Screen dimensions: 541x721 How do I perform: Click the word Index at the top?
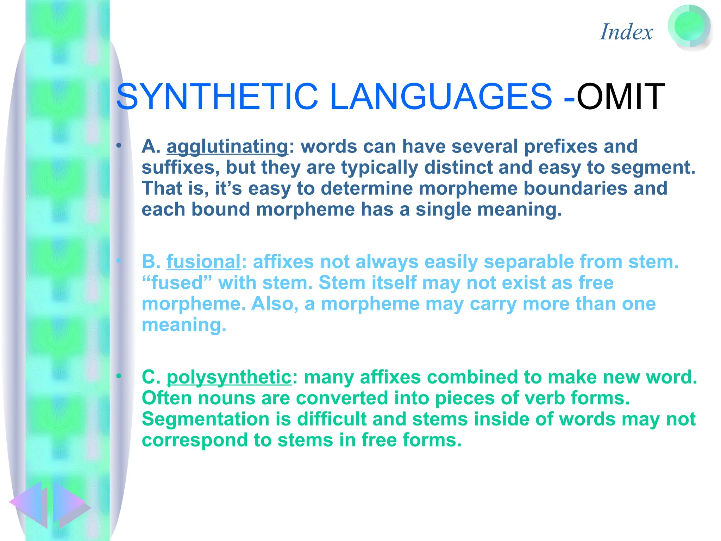(626, 32)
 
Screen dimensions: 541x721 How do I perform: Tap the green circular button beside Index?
(689, 27)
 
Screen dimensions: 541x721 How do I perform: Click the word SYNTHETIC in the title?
(217, 97)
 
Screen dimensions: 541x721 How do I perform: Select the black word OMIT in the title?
(620, 97)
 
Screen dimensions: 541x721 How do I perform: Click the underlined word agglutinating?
(227, 147)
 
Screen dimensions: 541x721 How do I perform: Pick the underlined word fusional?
(203, 262)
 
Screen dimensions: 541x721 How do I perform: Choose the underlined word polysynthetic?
(229, 377)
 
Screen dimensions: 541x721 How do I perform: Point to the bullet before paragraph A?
(119, 145)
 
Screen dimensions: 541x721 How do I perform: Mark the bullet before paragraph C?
(119, 377)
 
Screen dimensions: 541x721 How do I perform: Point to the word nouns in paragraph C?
(226, 398)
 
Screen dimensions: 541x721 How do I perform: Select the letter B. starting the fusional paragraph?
(151, 262)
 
